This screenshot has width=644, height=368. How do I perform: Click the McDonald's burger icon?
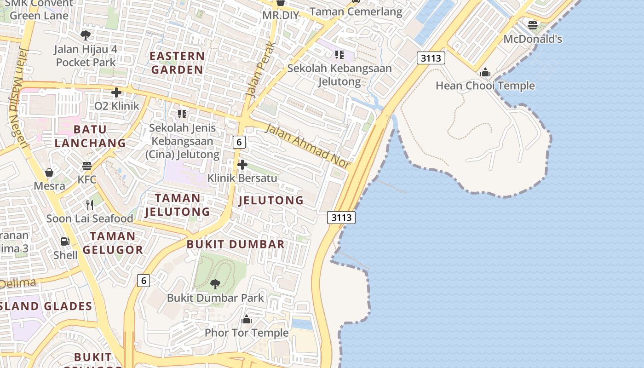click(x=533, y=25)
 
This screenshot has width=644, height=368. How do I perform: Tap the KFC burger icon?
click(x=87, y=166)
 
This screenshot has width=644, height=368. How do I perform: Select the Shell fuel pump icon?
click(x=65, y=241)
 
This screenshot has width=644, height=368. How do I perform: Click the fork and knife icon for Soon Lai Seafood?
click(x=90, y=205)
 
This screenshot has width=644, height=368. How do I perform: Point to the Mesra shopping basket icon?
click(x=49, y=172)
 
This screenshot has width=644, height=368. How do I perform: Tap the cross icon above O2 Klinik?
click(x=116, y=92)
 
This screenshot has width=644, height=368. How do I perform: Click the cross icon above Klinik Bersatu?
click(x=242, y=165)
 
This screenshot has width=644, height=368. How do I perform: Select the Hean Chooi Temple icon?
click(x=485, y=72)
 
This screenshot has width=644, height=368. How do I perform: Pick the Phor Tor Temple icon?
click(x=247, y=319)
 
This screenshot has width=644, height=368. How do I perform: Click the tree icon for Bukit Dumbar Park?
click(x=215, y=284)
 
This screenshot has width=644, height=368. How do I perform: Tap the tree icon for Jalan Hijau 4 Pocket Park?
click(x=86, y=35)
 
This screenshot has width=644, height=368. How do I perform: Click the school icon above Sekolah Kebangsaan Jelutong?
click(x=339, y=55)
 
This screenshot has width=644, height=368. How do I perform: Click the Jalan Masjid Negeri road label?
click(x=18, y=99)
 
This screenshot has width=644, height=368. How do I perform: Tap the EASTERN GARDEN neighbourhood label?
click(x=177, y=63)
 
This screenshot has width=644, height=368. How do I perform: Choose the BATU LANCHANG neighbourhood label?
click(x=90, y=136)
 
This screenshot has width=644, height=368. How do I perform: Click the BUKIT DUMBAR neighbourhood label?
click(x=236, y=244)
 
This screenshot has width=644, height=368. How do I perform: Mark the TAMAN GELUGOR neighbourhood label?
click(x=113, y=243)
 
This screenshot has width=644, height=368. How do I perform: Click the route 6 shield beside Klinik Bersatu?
click(x=239, y=142)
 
